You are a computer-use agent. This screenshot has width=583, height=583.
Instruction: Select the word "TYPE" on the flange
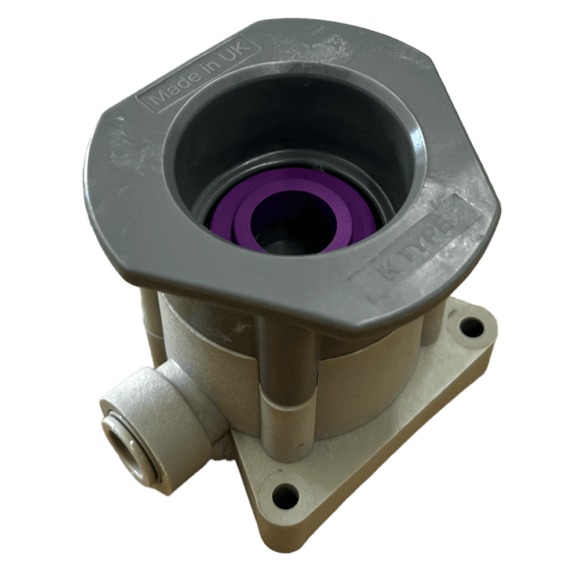[x=435, y=235]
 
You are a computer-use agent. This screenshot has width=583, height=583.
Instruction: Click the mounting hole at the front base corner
[x=285, y=496]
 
